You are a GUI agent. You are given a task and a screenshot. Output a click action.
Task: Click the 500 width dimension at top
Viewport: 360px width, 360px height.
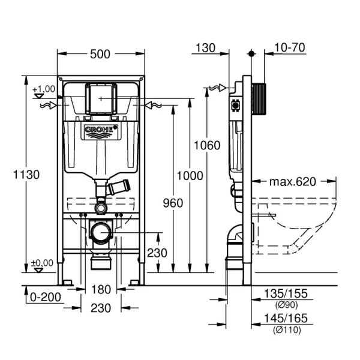100,54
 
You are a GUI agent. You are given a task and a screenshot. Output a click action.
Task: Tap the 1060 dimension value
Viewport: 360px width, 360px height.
207,145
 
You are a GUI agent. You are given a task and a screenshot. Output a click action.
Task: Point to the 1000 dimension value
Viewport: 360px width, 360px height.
190,175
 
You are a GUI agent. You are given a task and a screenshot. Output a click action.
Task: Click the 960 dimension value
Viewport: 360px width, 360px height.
173,203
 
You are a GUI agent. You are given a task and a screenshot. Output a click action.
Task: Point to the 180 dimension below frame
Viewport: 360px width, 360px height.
101,290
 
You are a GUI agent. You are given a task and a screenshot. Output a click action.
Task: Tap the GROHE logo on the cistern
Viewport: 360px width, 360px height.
100,130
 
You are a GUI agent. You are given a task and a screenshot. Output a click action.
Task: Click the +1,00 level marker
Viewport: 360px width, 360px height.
43,89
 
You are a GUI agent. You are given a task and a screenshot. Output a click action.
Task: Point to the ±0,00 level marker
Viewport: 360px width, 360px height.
43,263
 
